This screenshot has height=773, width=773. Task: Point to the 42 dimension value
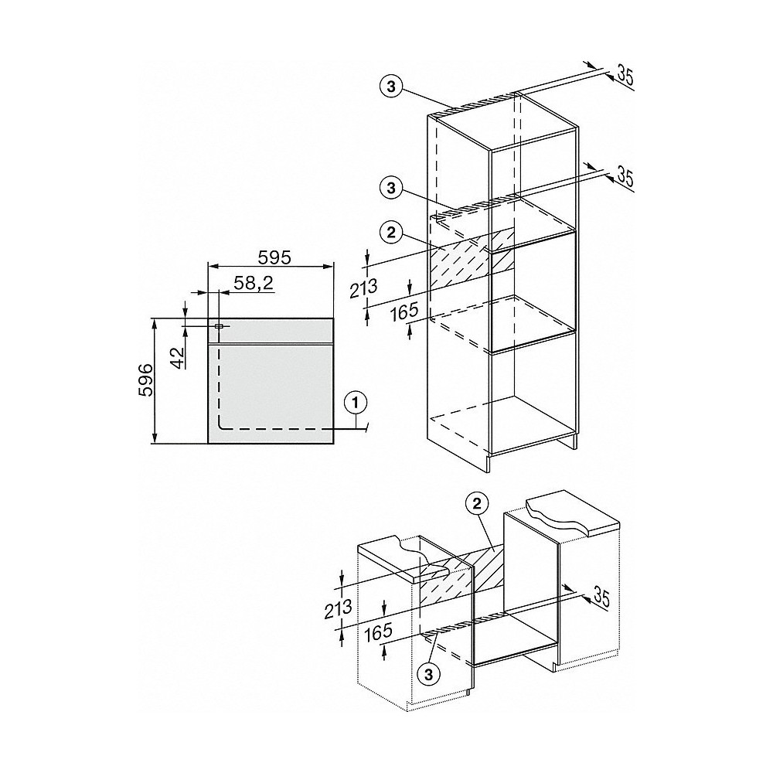(x=177, y=358)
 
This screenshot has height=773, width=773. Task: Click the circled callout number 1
(x=355, y=401)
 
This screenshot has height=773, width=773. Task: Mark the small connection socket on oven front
(x=219, y=326)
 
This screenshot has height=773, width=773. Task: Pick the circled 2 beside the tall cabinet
(x=392, y=230)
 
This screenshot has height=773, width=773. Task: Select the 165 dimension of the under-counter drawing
(x=378, y=633)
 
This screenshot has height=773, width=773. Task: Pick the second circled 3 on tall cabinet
(x=392, y=186)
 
